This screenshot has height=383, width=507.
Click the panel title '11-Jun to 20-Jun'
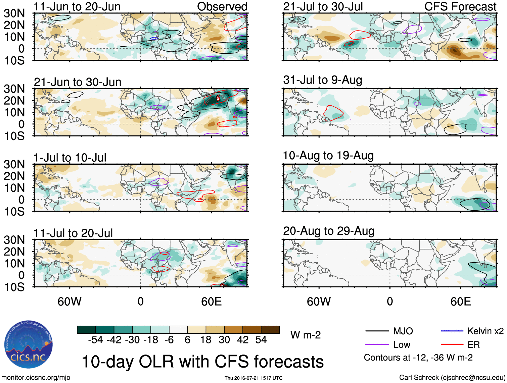click(x=77, y=6)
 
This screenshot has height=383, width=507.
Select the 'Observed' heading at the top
click(x=222, y=6)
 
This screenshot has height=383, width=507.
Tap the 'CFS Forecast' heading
click(x=460, y=6)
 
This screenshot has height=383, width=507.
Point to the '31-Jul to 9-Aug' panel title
click(x=323, y=80)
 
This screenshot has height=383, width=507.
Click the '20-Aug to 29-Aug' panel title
click(x=329, y=231)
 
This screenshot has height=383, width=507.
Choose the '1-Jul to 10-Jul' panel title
click(x=70, y=158)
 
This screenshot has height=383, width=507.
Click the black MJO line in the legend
click(x=377, y=331)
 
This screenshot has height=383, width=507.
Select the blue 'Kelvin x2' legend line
click(x=452, y=331)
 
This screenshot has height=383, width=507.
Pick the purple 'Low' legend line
click(x=377, y=344)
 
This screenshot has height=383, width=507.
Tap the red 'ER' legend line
click(x=452, y=344)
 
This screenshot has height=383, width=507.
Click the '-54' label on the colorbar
click(x=95, y=340)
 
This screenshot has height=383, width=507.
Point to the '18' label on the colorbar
click(x=205, y=340)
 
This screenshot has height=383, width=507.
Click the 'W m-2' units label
click(x=306, y=335)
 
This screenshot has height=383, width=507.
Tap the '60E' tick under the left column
click(x=211, y=302)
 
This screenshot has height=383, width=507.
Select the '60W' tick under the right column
click(x=319, y=302)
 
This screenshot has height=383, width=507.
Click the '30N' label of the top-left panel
click(x=14, y=13)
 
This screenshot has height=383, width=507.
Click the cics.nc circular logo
click(x=29, y=345)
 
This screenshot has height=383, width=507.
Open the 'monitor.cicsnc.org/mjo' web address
click(x=36, y=378)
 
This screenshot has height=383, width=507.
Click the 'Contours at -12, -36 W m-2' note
click(x=418, y=358)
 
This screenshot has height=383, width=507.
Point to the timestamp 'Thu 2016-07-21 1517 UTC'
click(x=253, y=378)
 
